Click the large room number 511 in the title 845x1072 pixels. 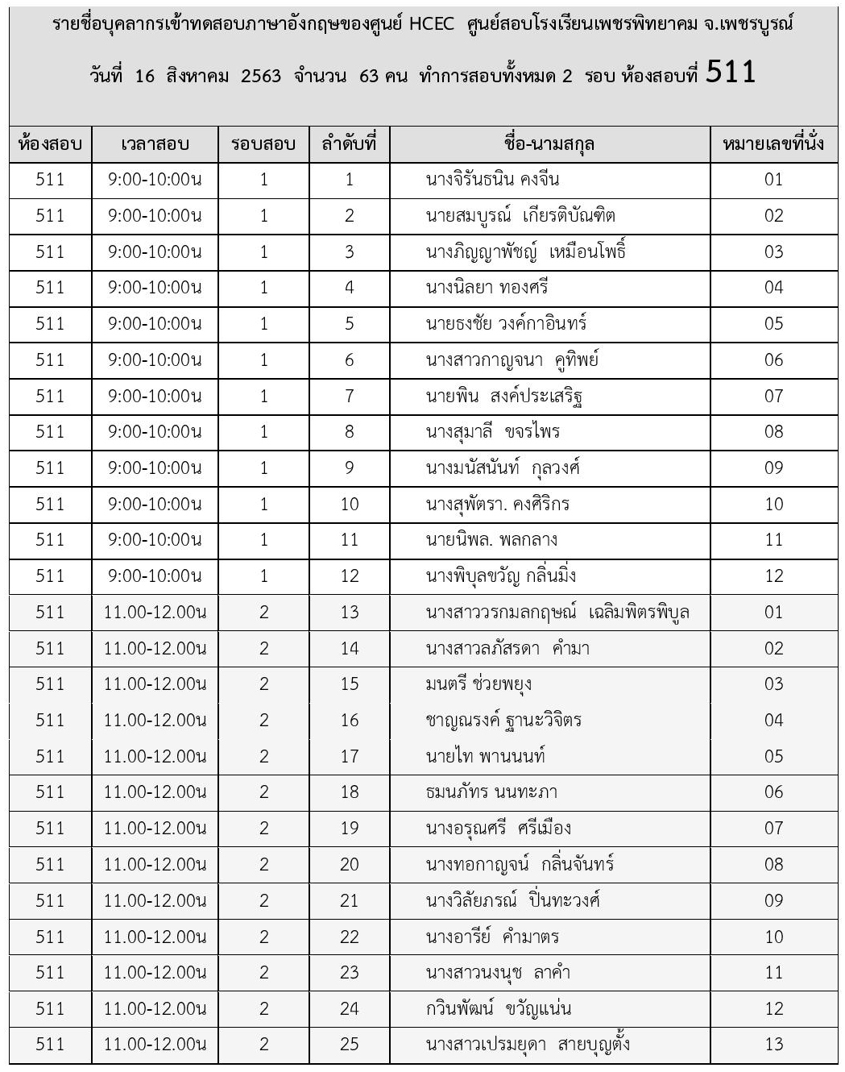pyautogui.click(x=731, y=73)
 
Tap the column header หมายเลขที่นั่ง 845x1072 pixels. pyautogui.click(x=773, y=145)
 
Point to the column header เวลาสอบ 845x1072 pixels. pyautogui.click(x=155, y=145)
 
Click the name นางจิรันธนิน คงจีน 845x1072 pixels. pyautogui.click(x=492, y=180)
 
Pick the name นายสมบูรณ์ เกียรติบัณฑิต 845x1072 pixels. pyautogui.click(x=520, y=216)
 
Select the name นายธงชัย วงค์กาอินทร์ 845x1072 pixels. pyautogui.click(x=506, y=324)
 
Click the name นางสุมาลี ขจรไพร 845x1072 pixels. pyautogui.click(x=492, y=432)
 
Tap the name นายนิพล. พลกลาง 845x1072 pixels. pyautogui.click(x=491, y=540)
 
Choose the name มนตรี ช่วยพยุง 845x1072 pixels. pyautogui.click(x=478, y=684)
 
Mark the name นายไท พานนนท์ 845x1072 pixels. pyautogui.click(x=486, y=756)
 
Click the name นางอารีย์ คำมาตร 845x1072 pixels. pyautogui.click(x=492, y=937)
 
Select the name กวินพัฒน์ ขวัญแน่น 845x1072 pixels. pyautogui.click(x=499, y=1008)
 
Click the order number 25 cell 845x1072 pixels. pyautogui.click(x=349, y=1045)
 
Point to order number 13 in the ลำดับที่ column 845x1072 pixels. pyautogui.click(x=349, y=613)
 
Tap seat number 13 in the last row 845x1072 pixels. pyautogui.click(x=773, y=1045)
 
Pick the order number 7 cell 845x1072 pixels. pyautogui.click(x=349, y=396)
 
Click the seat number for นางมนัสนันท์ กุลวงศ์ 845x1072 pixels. pyautogui.click(x=773, y=468)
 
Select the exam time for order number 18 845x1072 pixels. pyautogui.click(x=155, y=792)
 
